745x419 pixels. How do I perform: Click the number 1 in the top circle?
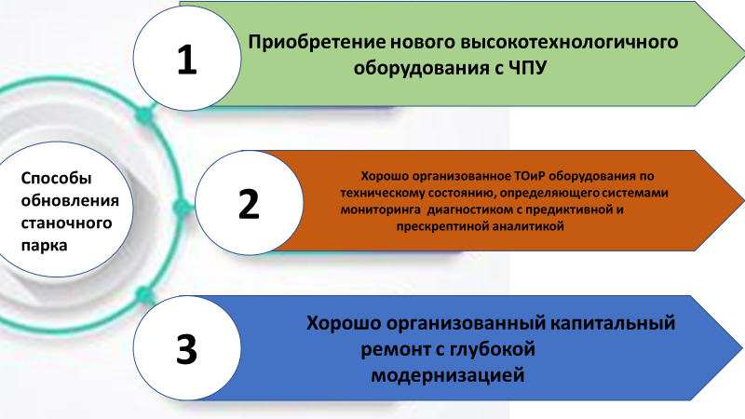point(187,60)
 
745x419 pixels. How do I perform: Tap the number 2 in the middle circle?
point(249,204)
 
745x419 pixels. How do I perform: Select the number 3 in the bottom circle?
point(187,350)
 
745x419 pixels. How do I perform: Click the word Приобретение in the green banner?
point(317,43)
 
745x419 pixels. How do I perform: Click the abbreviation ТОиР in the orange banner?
point(530,176)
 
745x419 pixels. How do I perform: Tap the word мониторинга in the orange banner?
point(380,210)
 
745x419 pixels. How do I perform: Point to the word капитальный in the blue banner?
point(613,323)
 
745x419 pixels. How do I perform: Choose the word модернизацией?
point(448,375)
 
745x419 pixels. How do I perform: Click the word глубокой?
point(493,350)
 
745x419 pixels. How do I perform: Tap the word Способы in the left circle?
point(56,179)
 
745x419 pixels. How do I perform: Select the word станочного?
point(66,223)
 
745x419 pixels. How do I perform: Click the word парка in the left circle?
point(44,246)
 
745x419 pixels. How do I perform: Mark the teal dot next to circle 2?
point(181,208)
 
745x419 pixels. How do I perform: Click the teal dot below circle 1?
point(144,115)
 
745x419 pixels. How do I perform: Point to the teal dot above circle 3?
point(144,295)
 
